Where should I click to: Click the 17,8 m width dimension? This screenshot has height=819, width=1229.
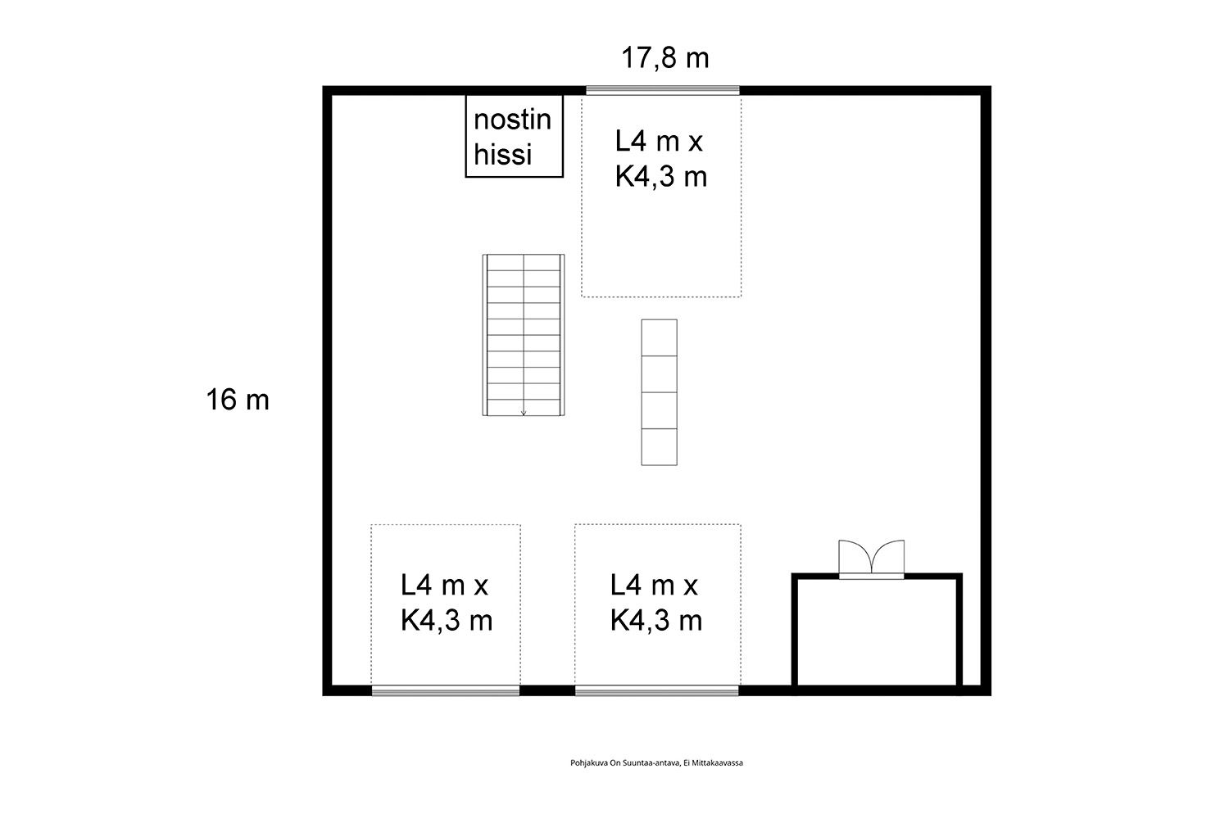click(x=665, y=58)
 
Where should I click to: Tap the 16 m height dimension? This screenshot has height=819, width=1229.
click(x=238, y=400)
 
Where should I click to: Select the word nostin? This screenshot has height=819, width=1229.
click(x=512, y=120)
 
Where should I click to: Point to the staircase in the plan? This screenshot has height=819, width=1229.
click(x=524, y=335)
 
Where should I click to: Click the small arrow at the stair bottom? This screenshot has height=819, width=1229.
click(x=524, y=413)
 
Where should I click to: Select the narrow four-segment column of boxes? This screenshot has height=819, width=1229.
click(x=659, y=392)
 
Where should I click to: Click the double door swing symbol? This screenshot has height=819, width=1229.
click(x=871, y=557)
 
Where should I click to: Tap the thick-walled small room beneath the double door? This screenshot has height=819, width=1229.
click(x=877, y=631)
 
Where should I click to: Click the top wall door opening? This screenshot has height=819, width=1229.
click(x=663, y=91)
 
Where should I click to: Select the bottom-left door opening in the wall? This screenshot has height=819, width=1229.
click(x=446, y=690)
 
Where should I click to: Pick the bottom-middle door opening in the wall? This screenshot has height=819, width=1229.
click(x=657, y=690)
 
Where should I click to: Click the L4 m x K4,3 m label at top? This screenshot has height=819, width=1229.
click(x=660, y=159)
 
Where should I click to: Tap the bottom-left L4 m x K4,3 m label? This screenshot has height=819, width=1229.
click(x=446, y=603)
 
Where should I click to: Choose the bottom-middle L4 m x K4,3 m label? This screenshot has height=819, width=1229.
click(x=655, y=603)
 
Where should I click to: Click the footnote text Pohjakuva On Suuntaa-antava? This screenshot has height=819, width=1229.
click(x=625, y=762)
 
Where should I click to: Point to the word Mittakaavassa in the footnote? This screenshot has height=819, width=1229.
click(x=718, y=762)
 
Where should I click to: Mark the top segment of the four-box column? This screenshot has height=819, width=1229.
click(x=659, y=338)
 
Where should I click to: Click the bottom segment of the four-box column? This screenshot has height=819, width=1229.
click(x=659, y=447)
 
